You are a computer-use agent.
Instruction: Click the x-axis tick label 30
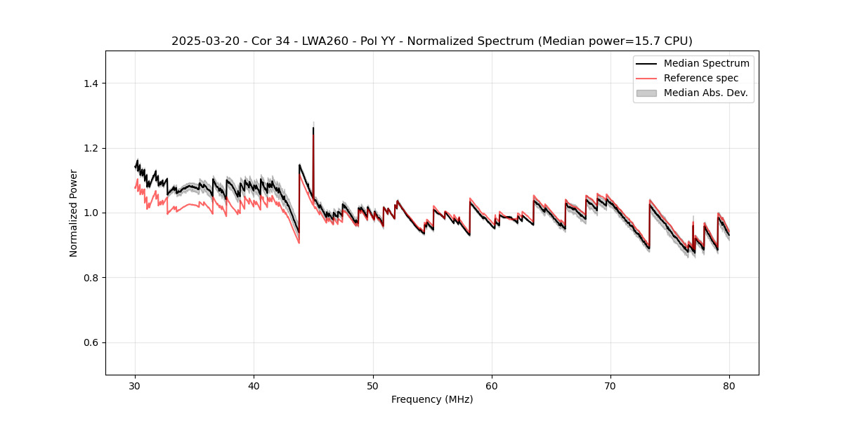click(x=135, y=386)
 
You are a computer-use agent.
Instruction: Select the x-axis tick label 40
click(x=254, y=386)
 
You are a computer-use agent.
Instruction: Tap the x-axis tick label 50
click(x=373, y=386)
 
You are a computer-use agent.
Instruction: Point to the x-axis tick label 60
click(x=492, y=386)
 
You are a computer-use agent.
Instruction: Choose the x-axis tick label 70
click(x=610, y=386)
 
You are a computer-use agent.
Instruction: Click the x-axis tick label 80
click(x=729, y=386)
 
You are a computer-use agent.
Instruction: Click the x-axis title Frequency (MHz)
click(x=432, y=400)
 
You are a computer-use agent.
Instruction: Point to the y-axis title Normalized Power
click(x=74, y=213)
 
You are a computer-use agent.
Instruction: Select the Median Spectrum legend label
click(x=706, y=64)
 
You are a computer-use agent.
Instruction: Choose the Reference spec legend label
click(x=701, y=78)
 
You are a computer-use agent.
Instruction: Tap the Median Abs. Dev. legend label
click(x=706, y=93)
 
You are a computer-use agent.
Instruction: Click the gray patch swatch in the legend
click(x=646, y=93)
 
